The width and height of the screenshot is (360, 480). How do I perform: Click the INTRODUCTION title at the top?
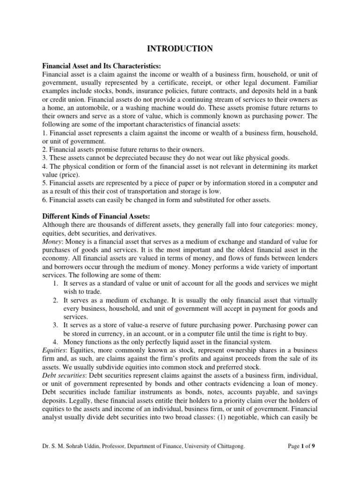coord(180,48)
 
